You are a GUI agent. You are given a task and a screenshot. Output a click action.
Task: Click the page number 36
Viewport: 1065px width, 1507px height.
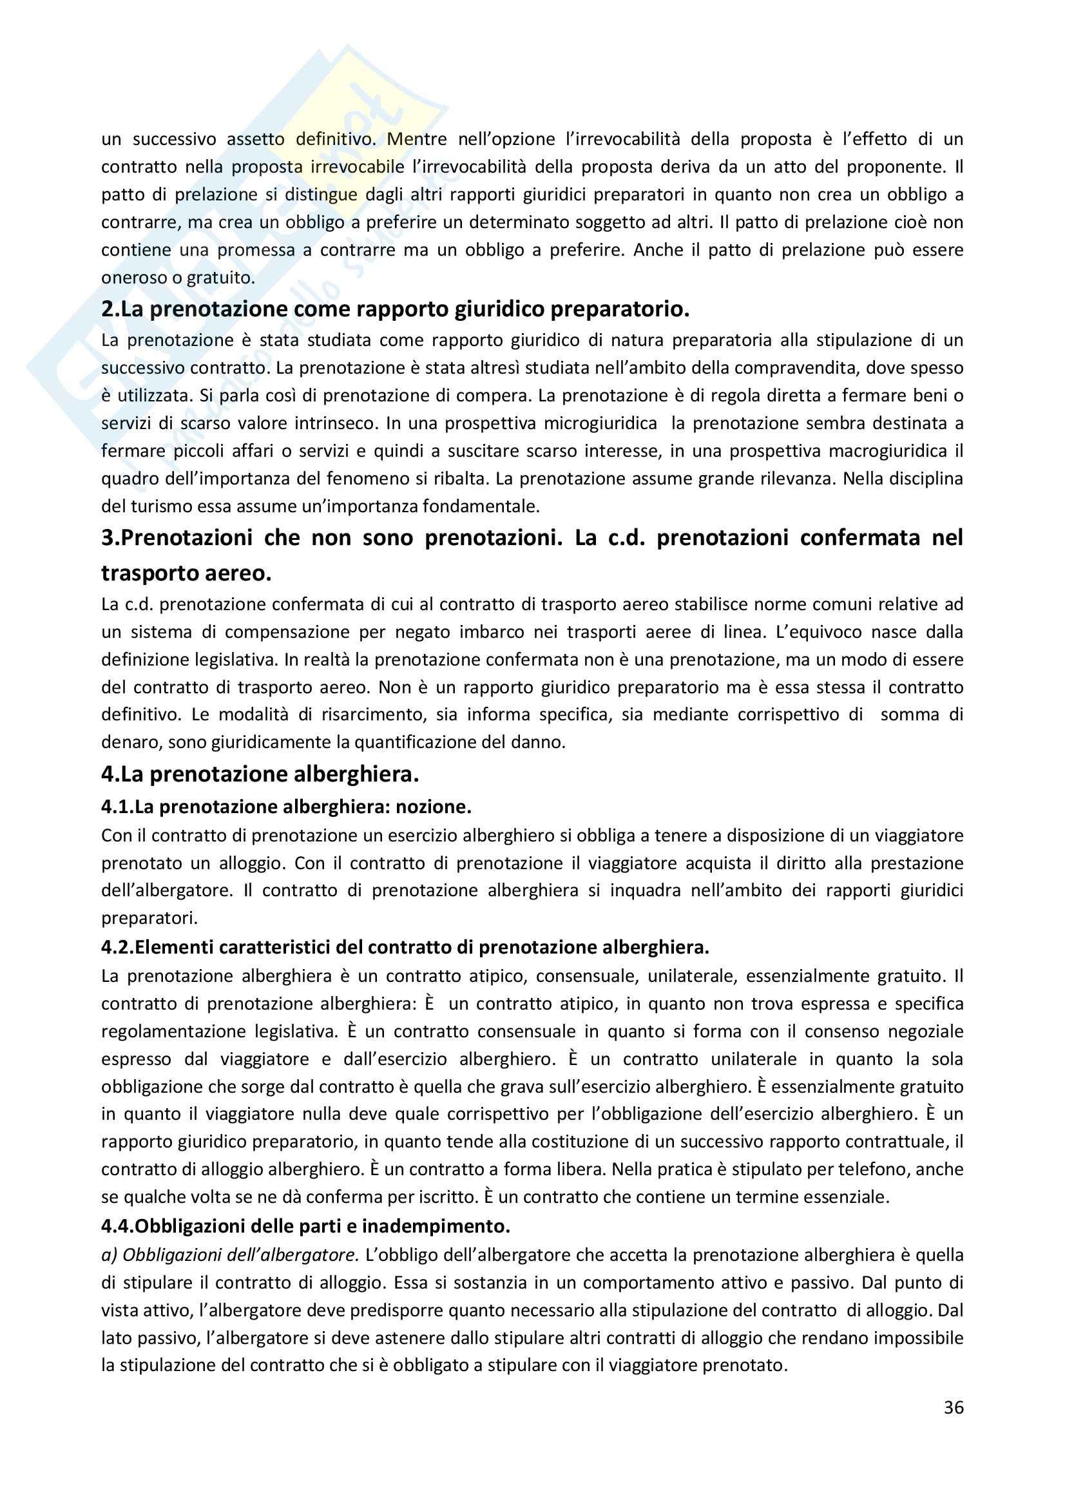(x=954, y=1408)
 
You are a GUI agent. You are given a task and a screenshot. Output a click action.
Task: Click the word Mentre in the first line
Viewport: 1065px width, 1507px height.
(x=417, y=139)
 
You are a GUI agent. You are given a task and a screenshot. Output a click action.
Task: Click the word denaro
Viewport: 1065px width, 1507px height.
(x=130, y=743)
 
